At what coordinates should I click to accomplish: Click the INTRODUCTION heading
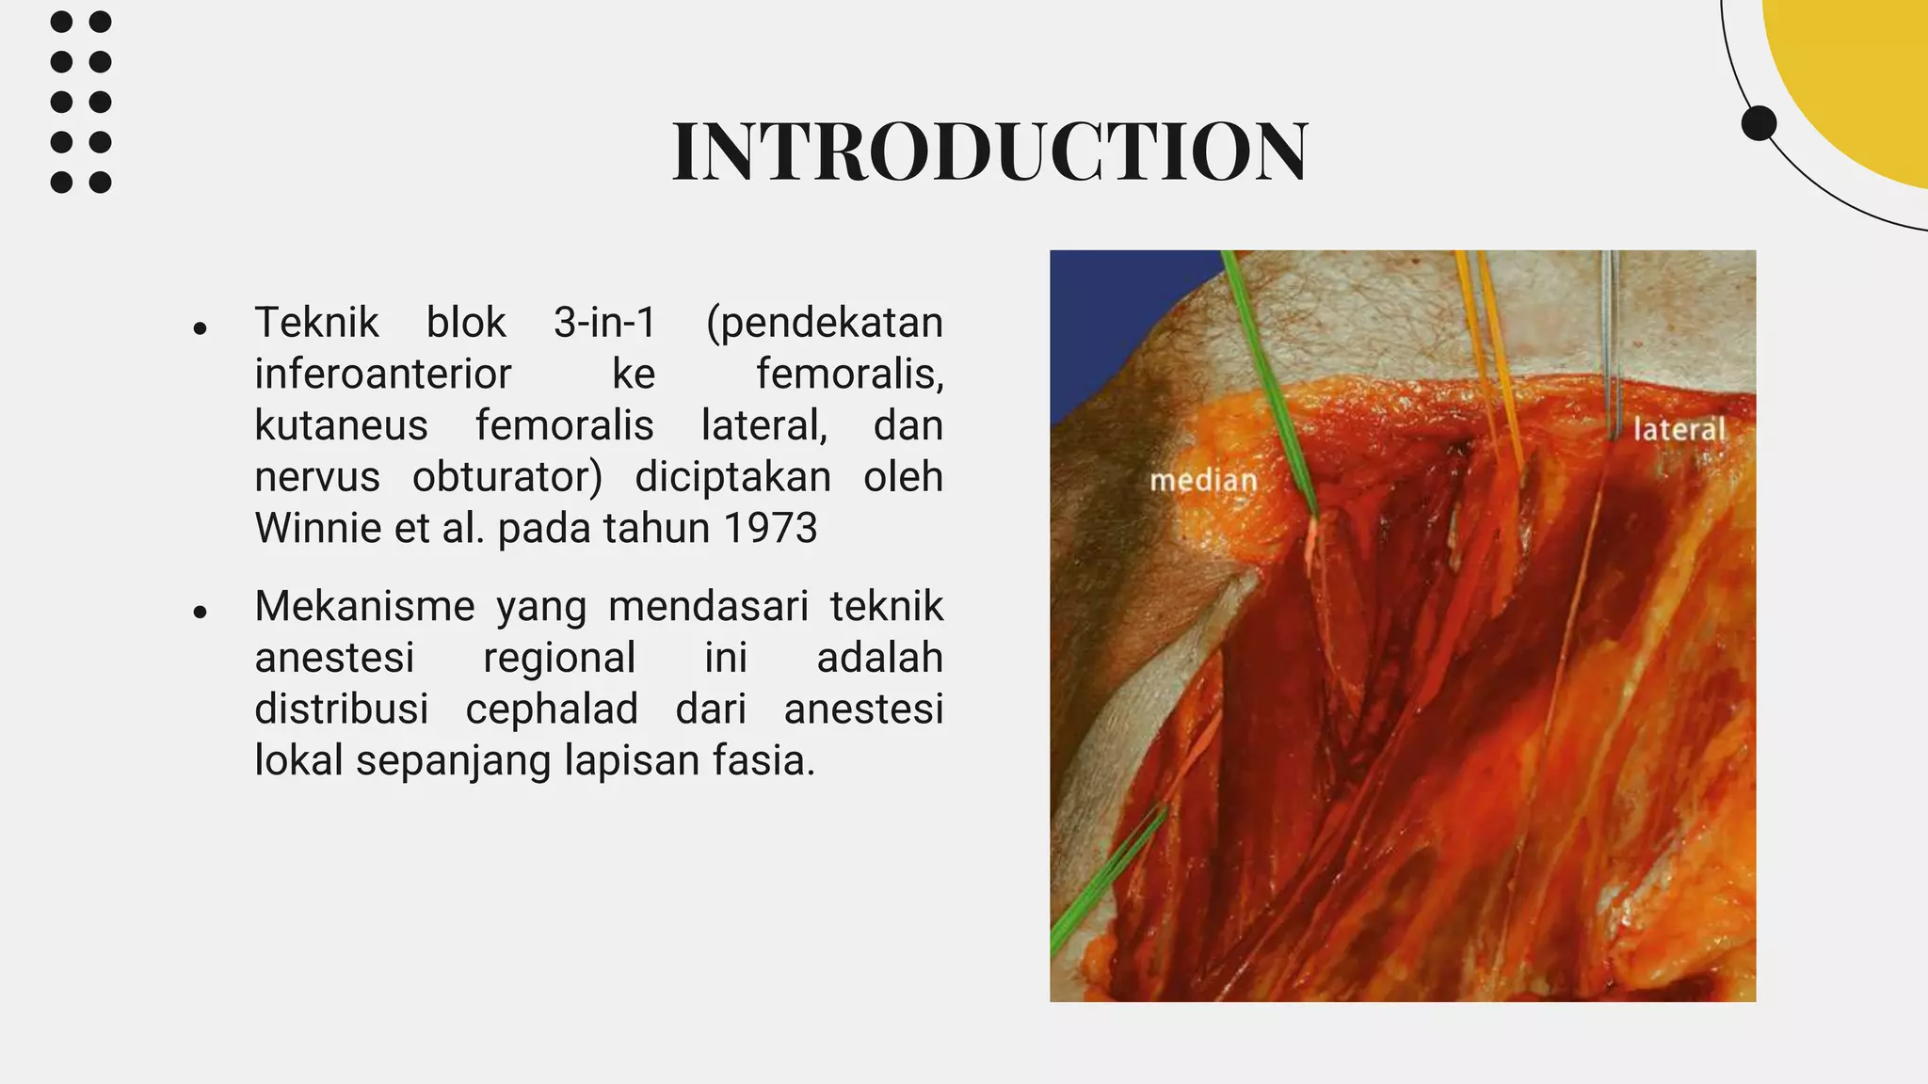(x=989, y=152)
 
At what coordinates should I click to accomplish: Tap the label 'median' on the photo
(x=1203, y=481)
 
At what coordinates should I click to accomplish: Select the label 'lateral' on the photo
(x=1679, y=430)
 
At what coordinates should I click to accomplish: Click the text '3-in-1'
(x=604, y=323)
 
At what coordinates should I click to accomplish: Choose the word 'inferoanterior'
(x=382, y=375)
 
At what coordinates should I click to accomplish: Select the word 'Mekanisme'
(x=364, y=606)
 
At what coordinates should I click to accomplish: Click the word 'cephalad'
(x=552, y=709)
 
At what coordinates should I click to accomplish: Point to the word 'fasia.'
(x=763, y=760)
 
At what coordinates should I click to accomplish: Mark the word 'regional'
(x=559, y=657)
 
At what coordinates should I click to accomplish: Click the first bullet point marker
(x=200, y=328)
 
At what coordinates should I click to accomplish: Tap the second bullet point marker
(x=200, y=613)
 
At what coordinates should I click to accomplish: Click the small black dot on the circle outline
(x=1759, y=123)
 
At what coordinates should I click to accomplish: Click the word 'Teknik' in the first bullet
(x=316, y=323)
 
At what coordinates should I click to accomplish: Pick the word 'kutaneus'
(x=341, y=425)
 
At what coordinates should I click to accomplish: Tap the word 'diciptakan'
(x=732, y=477)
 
